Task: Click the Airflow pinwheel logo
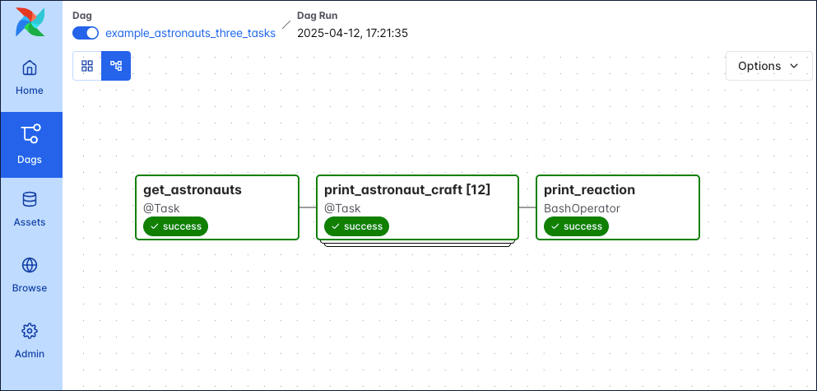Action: click(30, 22)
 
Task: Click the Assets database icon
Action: click(30, 200)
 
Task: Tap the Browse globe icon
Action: click(30, 266)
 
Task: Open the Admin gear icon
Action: click(30, 332)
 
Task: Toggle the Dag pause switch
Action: click(86, 33)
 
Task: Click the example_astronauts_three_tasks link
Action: click(190, 33)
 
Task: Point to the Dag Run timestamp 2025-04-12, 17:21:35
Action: click(352, 33)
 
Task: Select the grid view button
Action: click(87, 66)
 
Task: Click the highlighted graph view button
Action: click(116, 66)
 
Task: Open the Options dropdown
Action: click(768, 66)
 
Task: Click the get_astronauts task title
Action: click(193, 189)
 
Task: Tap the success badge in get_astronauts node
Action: click(175, 226)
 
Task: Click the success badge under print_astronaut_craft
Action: click(356, 226)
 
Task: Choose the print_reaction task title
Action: click(589, 189)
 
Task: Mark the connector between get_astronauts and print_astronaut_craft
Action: click(308, 207)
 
